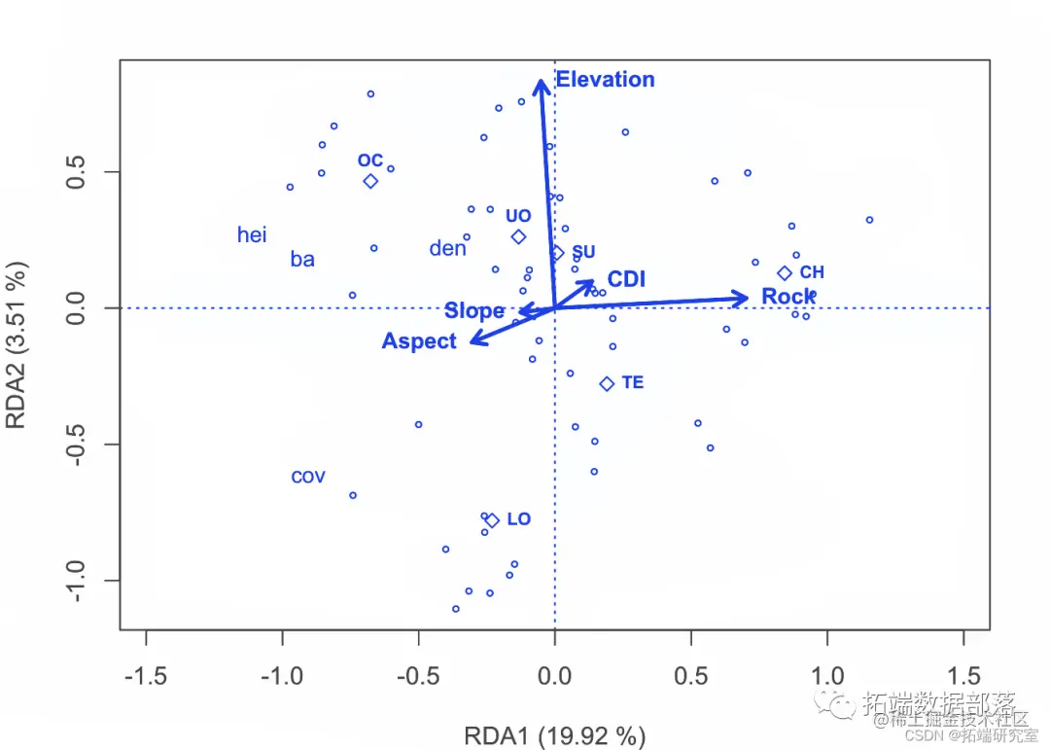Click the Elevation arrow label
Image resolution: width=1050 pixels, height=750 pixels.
(x=605, y=80)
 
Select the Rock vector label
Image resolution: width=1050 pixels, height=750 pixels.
(x=788, y=297)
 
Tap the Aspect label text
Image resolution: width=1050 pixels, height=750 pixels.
(x=419, y=341)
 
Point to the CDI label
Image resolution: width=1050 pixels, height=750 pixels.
(x=626, y=280)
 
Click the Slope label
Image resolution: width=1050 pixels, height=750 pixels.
(x=474, y=311)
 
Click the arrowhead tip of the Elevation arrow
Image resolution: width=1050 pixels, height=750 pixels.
(x=541, y=81)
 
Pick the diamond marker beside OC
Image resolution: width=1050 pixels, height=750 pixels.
(x=370, y=181)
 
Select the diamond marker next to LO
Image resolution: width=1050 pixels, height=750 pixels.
(x=492, y=520)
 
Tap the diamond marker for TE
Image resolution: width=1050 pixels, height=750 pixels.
(x=607, y=383)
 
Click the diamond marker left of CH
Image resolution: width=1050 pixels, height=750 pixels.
(x=785, y=273)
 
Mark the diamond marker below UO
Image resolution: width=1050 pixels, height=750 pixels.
(x=518, y=236)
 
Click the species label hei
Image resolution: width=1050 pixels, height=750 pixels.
(x=252, y=235)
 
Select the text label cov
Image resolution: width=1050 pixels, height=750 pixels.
(x=308, y=478)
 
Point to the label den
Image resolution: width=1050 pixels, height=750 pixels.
(x=447, y=249)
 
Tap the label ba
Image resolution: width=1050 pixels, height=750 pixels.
(x=302, y=260)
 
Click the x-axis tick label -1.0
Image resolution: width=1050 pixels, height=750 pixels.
(x=282, y=675)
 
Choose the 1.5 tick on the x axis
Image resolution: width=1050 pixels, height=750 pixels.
(x=963, y=675)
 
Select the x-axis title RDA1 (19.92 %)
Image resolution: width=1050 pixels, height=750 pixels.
(x=554, y=736)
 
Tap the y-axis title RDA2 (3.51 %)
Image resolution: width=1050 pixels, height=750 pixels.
(x=17, y=343)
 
